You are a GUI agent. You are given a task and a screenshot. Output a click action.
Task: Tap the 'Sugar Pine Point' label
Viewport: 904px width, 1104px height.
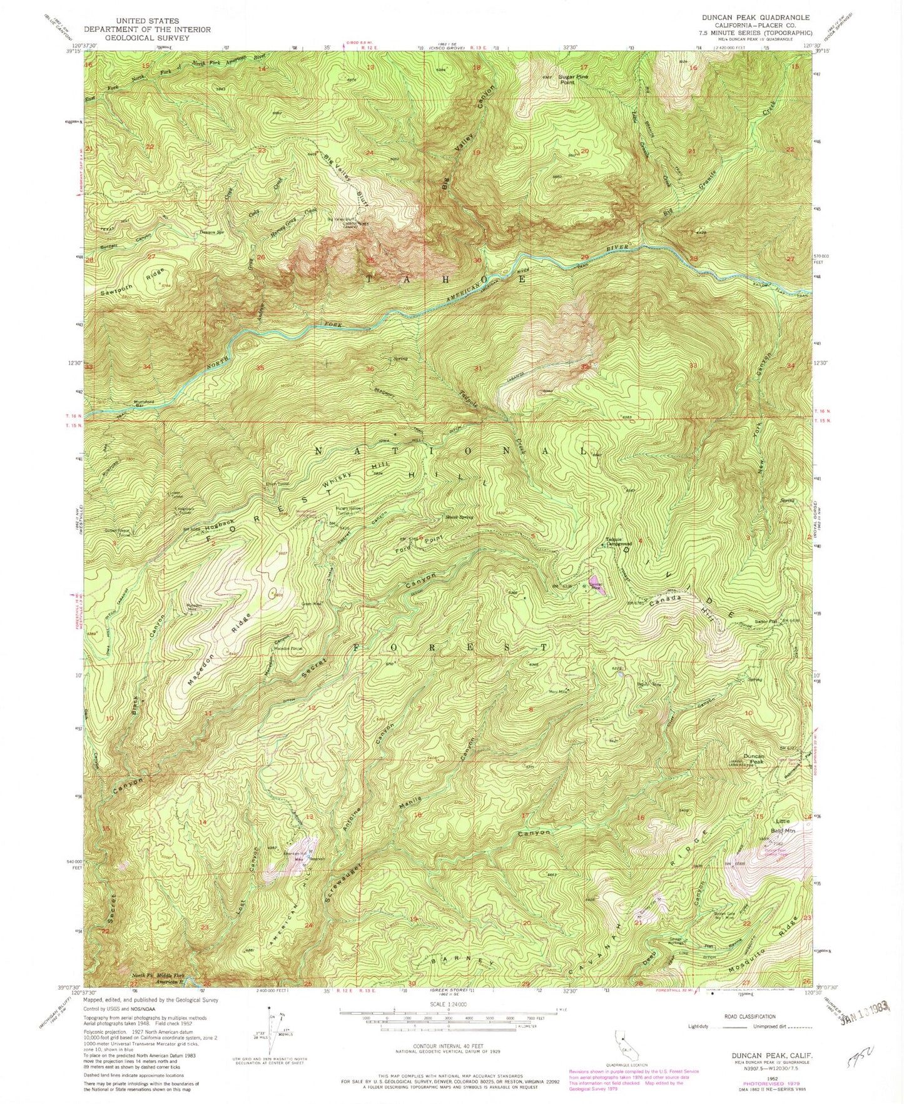pyautogui.click(x=574, y=79)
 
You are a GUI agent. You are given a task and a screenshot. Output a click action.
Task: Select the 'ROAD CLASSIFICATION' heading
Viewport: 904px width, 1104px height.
pyautogui.click(x=749, y=1016)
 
